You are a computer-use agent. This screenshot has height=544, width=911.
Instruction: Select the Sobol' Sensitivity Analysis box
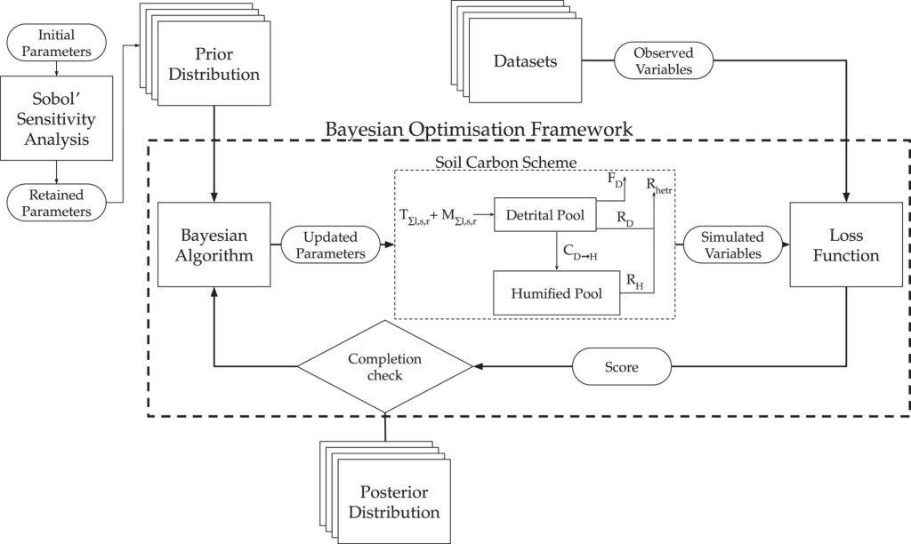57,116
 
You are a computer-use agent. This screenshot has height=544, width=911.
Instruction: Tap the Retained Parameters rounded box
57,202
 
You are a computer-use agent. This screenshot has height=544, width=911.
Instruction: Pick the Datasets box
526,62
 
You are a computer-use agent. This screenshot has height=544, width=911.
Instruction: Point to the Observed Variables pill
663,61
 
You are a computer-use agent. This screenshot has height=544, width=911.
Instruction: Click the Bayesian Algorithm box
214,244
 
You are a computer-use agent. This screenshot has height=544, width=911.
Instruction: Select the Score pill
620,366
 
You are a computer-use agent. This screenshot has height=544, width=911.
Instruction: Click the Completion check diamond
384,366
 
